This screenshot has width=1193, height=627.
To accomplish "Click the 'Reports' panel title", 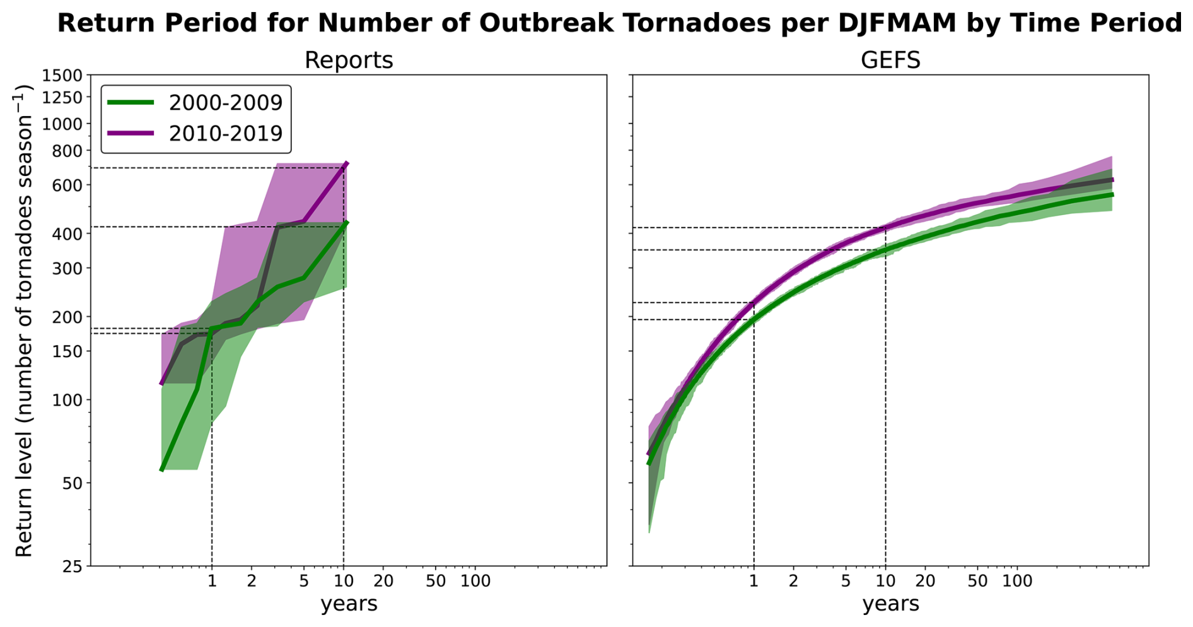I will click(348, 61).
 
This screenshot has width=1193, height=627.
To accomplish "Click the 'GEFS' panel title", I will click(890, 61).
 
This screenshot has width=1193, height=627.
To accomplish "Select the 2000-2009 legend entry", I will click(225, 103).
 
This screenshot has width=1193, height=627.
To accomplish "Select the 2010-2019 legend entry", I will click(225, 134).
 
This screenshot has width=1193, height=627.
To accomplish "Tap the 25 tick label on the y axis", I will click(73, 566).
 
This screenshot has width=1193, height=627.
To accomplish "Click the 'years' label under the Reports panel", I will click(349, 604).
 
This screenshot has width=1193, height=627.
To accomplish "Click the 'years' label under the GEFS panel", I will click(890, 604).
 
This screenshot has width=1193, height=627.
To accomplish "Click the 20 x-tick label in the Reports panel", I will click(383, 581).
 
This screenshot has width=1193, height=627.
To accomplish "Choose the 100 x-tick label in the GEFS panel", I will click(1016, 581).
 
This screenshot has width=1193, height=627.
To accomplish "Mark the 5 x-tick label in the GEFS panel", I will click(846, 581).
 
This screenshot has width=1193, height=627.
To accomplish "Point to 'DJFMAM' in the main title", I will click(888, 24).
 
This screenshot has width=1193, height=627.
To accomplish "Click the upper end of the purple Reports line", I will click(347, 164).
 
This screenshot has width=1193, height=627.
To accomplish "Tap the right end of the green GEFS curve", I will click(1112, 195).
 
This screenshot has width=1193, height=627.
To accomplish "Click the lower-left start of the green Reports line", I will click(162, 469).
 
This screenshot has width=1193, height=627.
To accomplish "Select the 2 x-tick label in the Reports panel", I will click(252, 581).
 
